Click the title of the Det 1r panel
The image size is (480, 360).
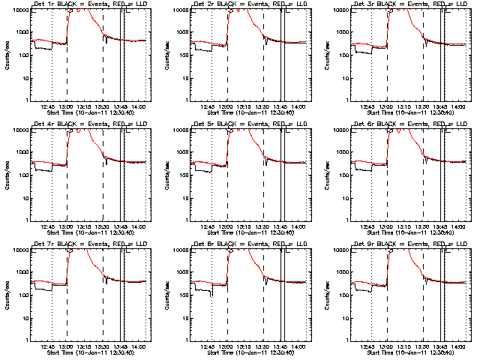tap(84, 5)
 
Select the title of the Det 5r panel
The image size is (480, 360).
tap(244, 125)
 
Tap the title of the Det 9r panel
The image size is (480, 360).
tap(405, 245)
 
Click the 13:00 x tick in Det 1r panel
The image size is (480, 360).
tap(67, 106)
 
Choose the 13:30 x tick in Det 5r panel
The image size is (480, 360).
tap(263, 226)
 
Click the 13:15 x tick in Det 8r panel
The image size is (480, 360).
tap(245, 346)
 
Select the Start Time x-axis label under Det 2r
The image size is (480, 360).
tap(244, 112)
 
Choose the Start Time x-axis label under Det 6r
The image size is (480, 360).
tap(405, 232)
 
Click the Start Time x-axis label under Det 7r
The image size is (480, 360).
tap(84, 352)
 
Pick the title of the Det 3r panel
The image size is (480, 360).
tap(405, 5)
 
